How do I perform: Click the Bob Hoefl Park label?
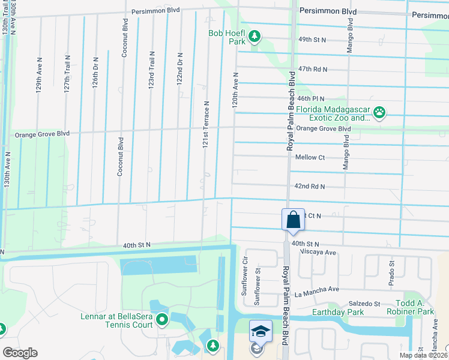point(227,38)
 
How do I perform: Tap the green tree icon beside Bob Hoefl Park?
point(255,37)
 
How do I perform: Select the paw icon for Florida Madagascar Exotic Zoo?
point(379,112)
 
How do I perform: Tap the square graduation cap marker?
point(261,331)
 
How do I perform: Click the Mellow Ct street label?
point(310,157)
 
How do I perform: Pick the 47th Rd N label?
point(313,70)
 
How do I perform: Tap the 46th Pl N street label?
point(310,98)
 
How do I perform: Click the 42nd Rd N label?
point(310,187)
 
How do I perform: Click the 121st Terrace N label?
point(205,125)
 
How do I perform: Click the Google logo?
point(20,352)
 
